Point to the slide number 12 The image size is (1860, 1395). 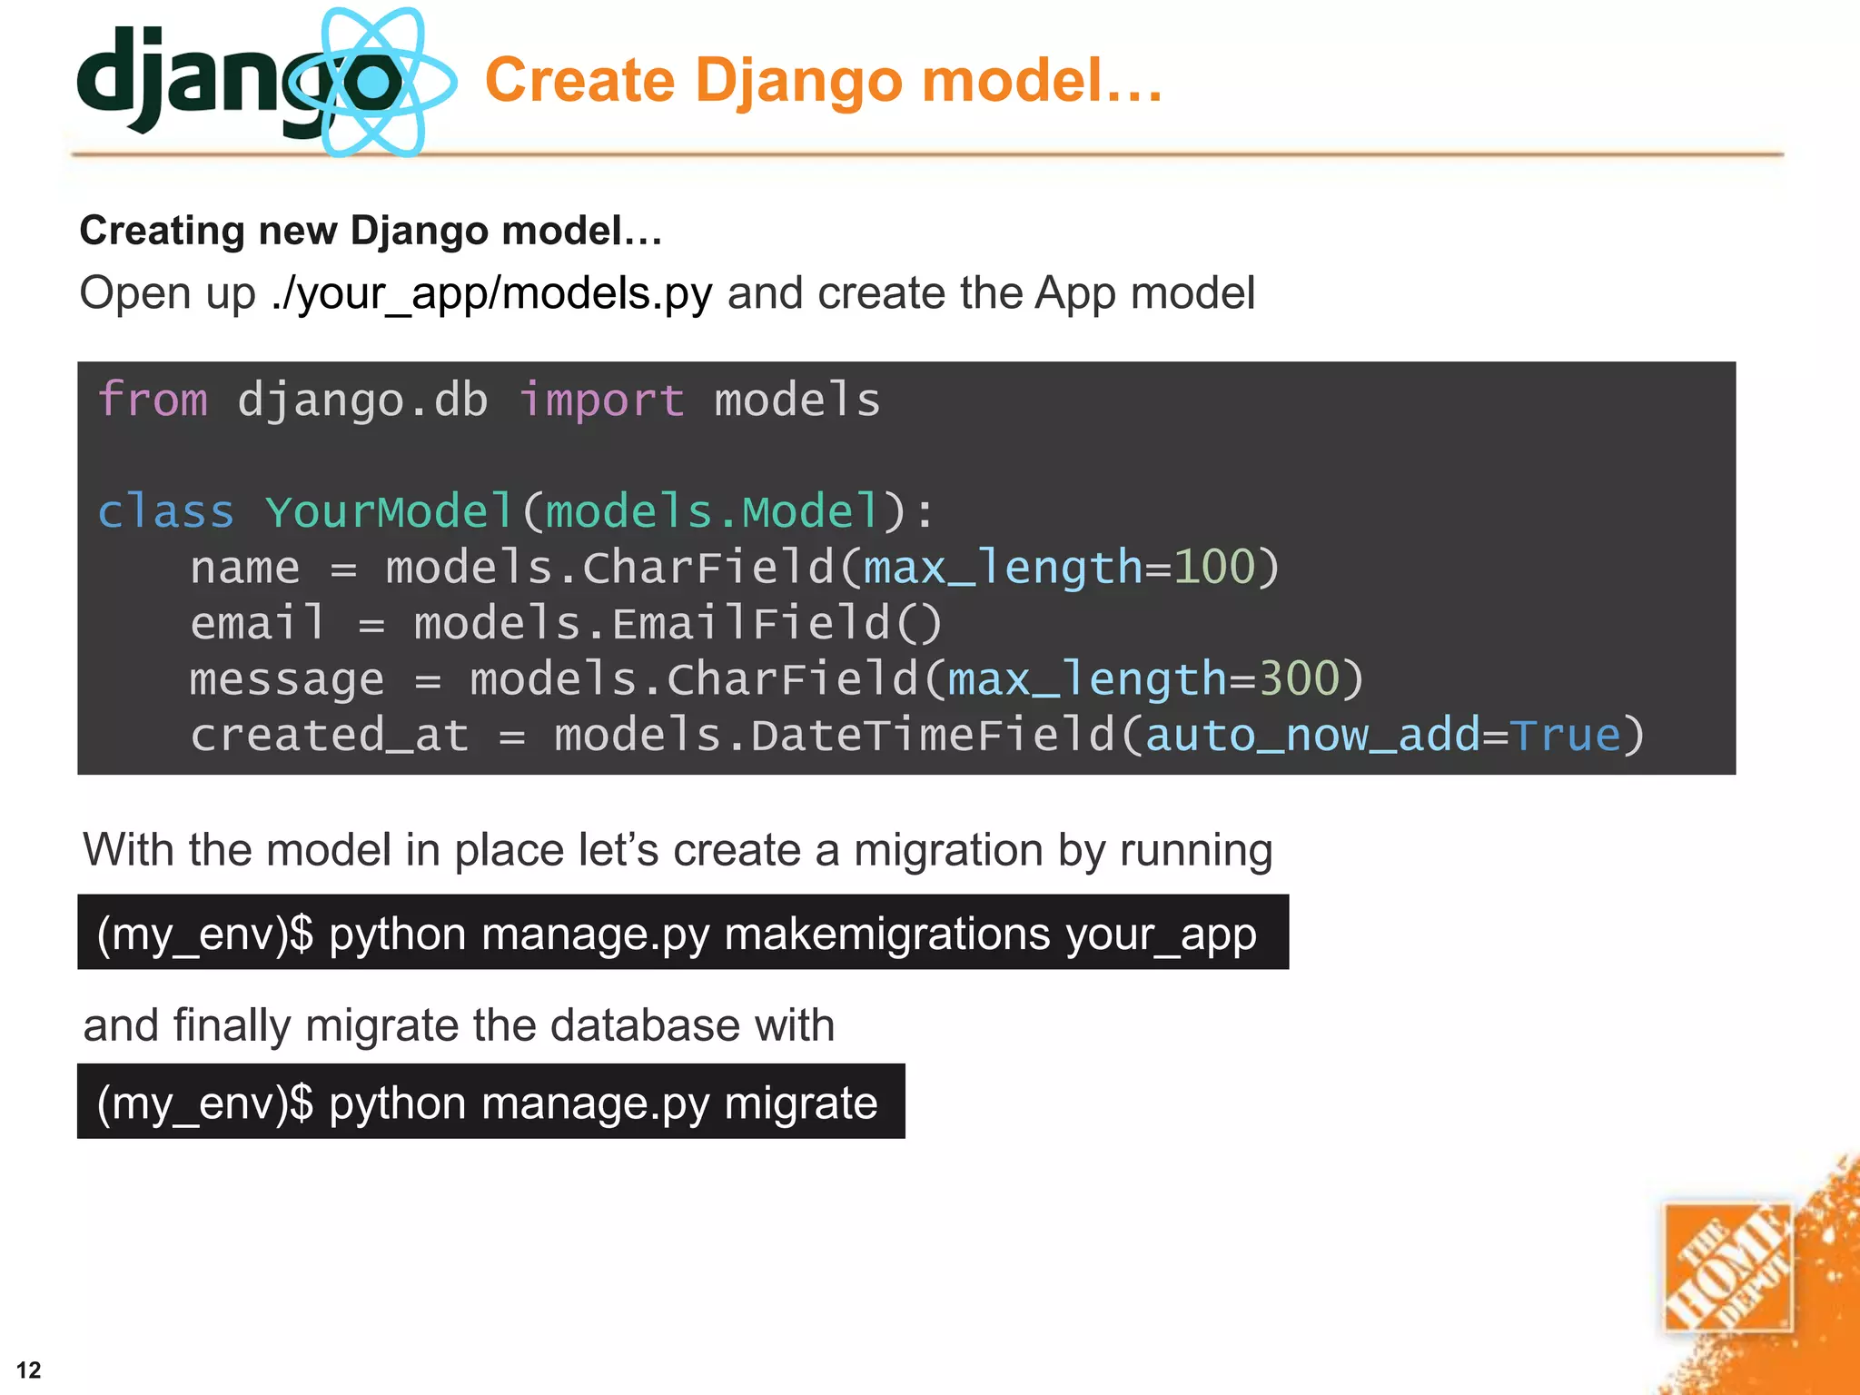pos(29,1370)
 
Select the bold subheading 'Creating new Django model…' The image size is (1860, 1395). pos(371,231)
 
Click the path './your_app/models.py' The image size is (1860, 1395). pos(491,293)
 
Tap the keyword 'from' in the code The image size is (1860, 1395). pos(153,400)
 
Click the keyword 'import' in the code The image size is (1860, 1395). pos(601,400)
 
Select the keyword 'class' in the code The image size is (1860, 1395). pos(165,511)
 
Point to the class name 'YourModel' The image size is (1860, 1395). pos(390,511)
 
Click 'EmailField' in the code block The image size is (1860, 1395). pos(750,623)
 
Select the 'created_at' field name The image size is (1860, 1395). pos(330,735)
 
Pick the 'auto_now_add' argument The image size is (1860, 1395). pos(1313,735)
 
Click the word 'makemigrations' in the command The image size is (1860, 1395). pos(887,934)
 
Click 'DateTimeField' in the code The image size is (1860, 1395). pos(933,735)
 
